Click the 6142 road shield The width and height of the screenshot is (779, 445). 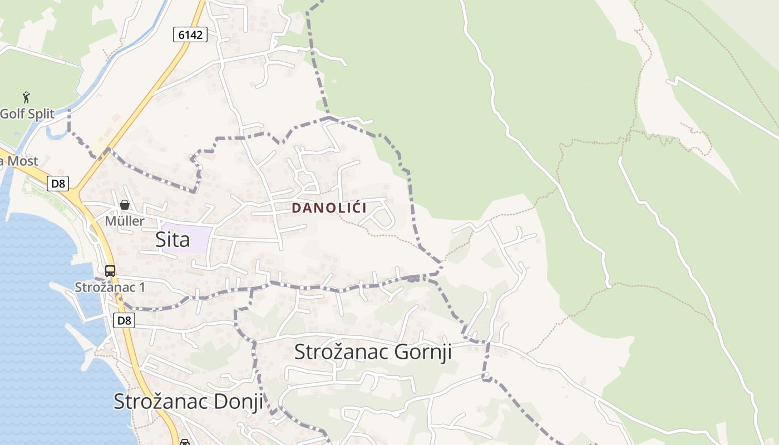190,34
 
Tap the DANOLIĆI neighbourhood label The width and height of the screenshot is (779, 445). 329,208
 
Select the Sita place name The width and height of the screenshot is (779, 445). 172,239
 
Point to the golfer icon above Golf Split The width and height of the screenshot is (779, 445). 26,97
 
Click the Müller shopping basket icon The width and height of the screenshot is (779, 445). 125,205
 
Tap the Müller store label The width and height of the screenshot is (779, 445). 125,221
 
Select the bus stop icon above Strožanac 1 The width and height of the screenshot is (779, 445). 110,271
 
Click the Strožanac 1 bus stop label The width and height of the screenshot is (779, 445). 110,288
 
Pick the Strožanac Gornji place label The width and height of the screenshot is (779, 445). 372,352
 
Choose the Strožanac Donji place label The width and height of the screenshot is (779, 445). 188,401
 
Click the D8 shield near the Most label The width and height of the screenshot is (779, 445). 58,184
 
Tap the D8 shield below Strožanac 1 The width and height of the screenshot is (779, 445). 124,320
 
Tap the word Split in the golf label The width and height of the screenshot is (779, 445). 40,114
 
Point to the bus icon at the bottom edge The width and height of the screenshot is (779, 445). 184,442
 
